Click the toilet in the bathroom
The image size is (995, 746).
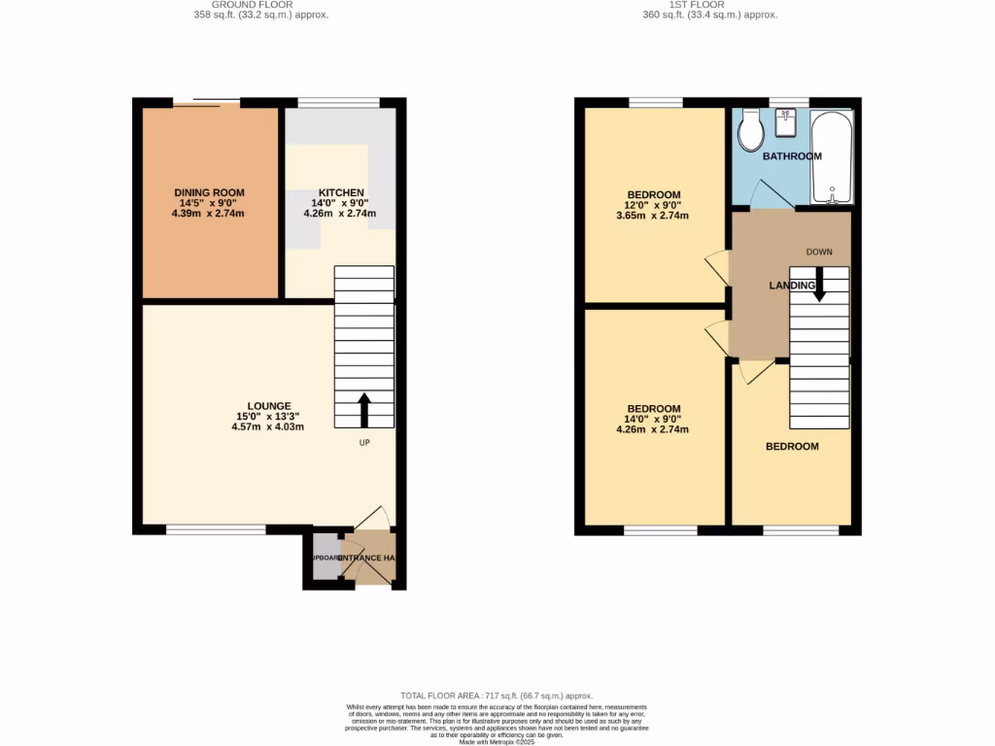pyautogui.click(x=751, y=131)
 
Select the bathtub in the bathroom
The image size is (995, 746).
pyautogui.click(x=832, y=158)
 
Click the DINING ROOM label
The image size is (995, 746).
pyautogui.click(x=209, y=192)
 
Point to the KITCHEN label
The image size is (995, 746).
pyautogui.click(x=340, y=192)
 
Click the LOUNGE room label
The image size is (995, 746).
pyautogui.click(x=268, y=406)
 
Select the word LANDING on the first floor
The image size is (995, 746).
pyautogui.click(x=792, y=286)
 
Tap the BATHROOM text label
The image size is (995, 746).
pyautogui.click(x=792, y=156)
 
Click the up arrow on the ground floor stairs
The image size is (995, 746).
pyautogui.click(x=364, y=409)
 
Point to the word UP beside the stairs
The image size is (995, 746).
pyautogui.click(x=365, y=443)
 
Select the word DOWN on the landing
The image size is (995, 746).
pyautogui.click(x=819, y=252)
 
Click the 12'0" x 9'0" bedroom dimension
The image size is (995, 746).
pyautogui.click(x=653, y=205)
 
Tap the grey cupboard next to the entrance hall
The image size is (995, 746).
pyautogui.click(x=325, y=559)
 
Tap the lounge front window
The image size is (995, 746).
pyautogui.click(x=215, y=529)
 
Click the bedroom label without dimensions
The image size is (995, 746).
pyautogui.click(x=792, y=447)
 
